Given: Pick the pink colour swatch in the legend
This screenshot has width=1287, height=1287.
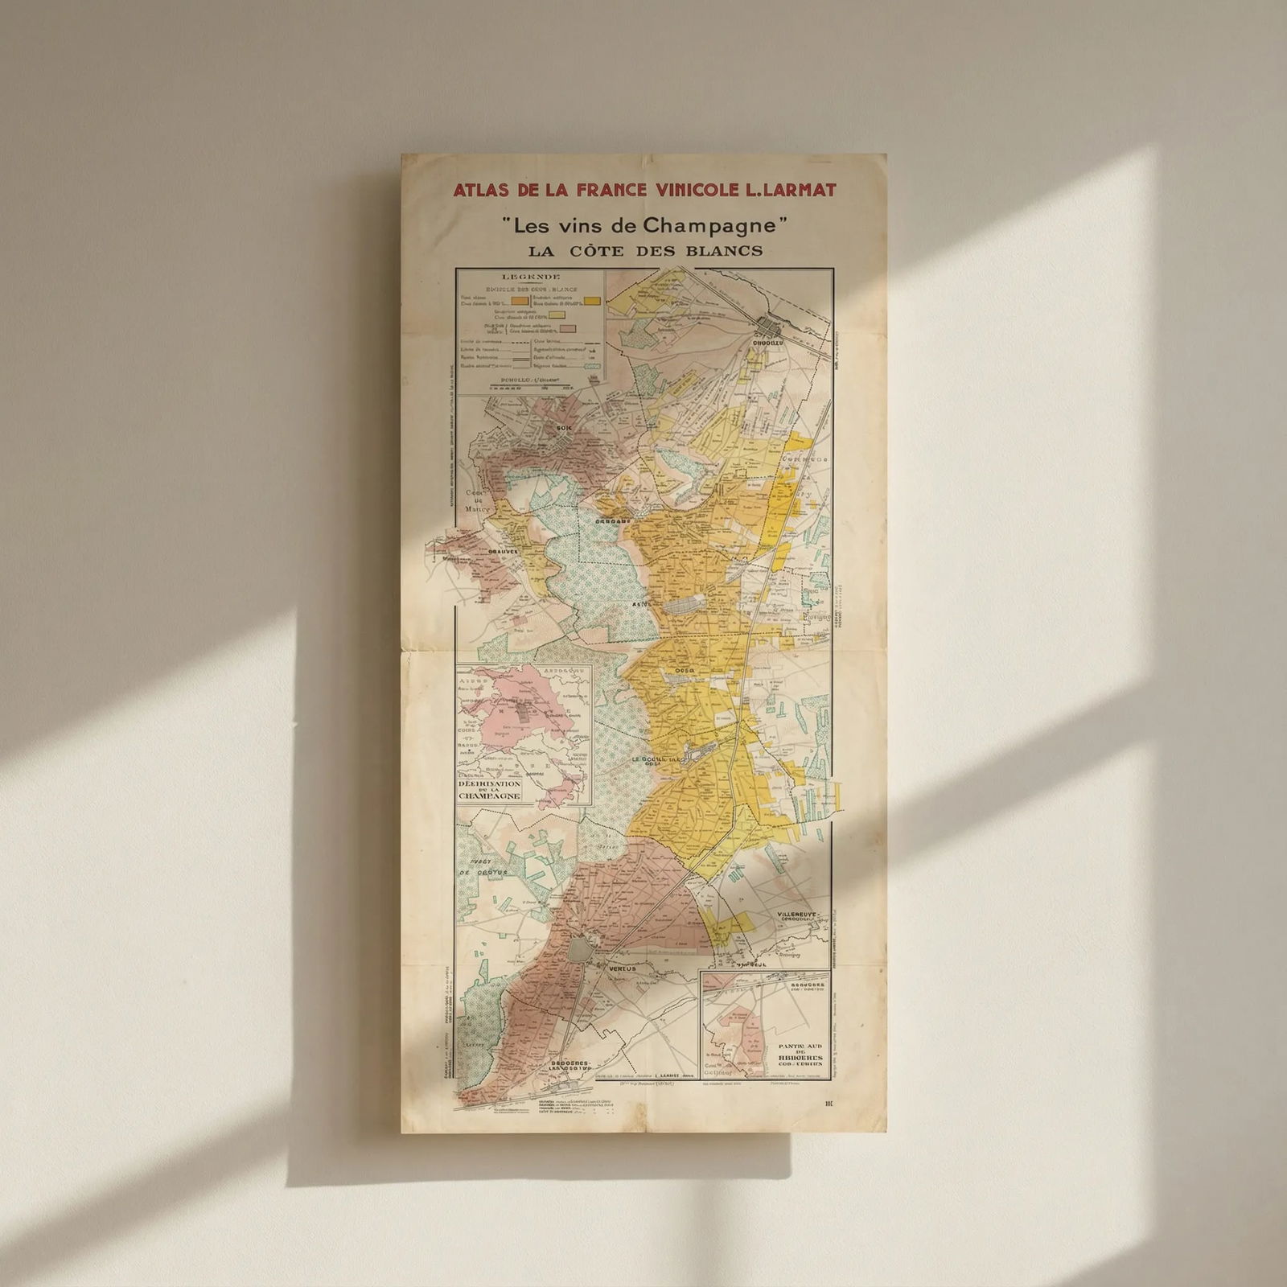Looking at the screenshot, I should click(567, 328).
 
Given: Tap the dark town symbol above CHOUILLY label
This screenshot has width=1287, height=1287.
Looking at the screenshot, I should click(770, 327).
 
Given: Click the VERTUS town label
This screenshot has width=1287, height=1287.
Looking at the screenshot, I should click(621, 968).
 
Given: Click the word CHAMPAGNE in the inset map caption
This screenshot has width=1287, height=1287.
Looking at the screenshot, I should click(490, 796).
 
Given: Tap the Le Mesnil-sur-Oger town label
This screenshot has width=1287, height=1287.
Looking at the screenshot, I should click(656, 760).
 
